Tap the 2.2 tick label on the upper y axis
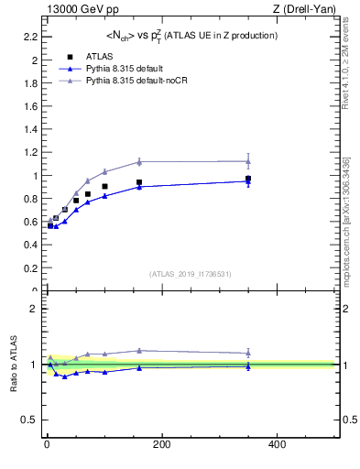point(30,38)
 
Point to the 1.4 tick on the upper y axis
point(30,130)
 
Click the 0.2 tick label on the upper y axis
point(30,268)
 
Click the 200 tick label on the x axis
point(162,444)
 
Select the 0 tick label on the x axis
point(47,444)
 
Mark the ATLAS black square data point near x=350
point(247,179)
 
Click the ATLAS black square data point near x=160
point(139,182)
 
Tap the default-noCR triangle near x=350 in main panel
point(247,161)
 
